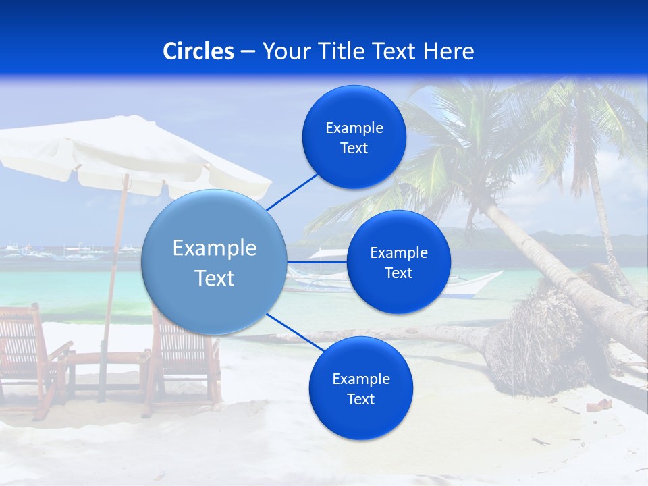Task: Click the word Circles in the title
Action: coord(198,51)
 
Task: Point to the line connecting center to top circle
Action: coord(292,192)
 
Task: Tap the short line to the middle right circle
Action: coord(317,262)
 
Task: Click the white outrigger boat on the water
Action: coord(466,283)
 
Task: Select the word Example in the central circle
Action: coord(215,248)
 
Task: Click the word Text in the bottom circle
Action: coord(360,399)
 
